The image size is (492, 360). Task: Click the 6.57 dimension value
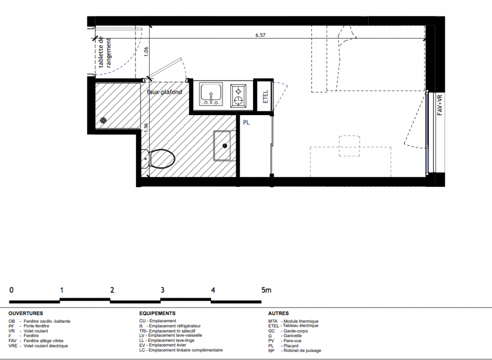[260, 35]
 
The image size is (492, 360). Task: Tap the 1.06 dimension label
[146, 52]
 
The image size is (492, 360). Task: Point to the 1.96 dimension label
[145, 128]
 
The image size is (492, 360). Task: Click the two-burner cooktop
[239, 96]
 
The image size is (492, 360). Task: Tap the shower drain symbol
[103, 121]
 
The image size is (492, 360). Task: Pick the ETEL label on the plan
[266, 97]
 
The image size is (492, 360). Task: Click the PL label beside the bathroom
[246, 122]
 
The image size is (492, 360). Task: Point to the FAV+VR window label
[440, 105]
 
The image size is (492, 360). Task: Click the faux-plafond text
[164, 92]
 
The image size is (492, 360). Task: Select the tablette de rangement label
[105, 52]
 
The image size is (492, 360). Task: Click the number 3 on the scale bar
[162, 290]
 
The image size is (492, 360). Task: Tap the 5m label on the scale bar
[266, 290]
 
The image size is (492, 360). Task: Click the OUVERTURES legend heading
[26, 313]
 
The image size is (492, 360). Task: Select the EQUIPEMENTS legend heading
[158, 313]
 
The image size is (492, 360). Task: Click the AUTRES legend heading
[278, 313]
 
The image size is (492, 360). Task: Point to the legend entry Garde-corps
[296, 331]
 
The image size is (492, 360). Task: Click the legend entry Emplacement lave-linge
[172, 340]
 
